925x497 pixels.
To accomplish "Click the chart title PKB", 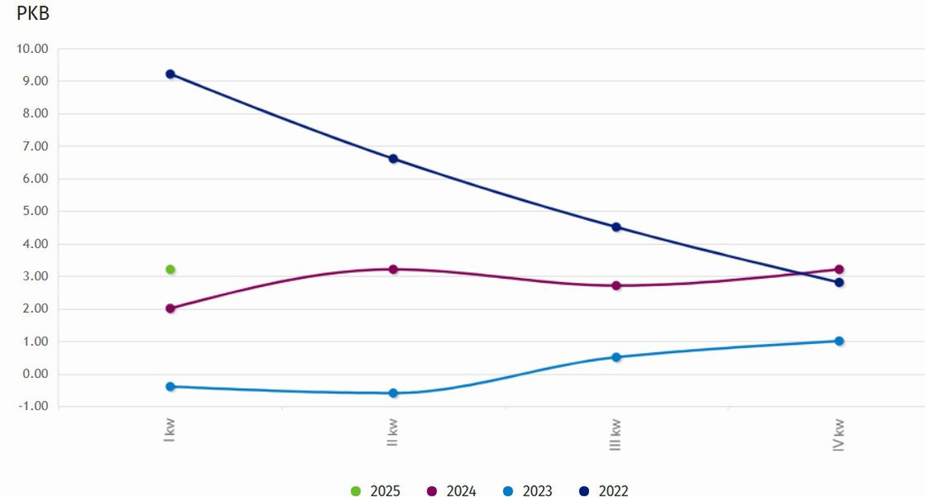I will point(33,14).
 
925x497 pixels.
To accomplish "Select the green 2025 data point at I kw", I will point(170,270).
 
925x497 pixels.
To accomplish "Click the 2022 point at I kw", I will point(170,74).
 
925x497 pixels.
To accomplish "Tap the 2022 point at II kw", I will point(394,159).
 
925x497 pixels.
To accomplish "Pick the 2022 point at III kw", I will point(616,227).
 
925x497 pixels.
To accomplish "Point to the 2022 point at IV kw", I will point(839,282).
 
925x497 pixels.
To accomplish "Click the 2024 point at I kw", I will point(170,308).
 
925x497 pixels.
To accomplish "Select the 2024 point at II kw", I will point(394,270).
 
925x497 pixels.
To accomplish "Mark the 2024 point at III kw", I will point(616,285).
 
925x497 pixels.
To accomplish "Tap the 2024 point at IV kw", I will point(839,270).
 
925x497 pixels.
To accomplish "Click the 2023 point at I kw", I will point(170,386).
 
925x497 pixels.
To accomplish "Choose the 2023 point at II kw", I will point(394,393).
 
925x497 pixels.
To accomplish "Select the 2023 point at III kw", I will point(616,357).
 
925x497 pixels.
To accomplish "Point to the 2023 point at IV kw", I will point(839,341).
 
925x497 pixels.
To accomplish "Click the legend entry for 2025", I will point(376,491).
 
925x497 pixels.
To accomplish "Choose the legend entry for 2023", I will point(528,491).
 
